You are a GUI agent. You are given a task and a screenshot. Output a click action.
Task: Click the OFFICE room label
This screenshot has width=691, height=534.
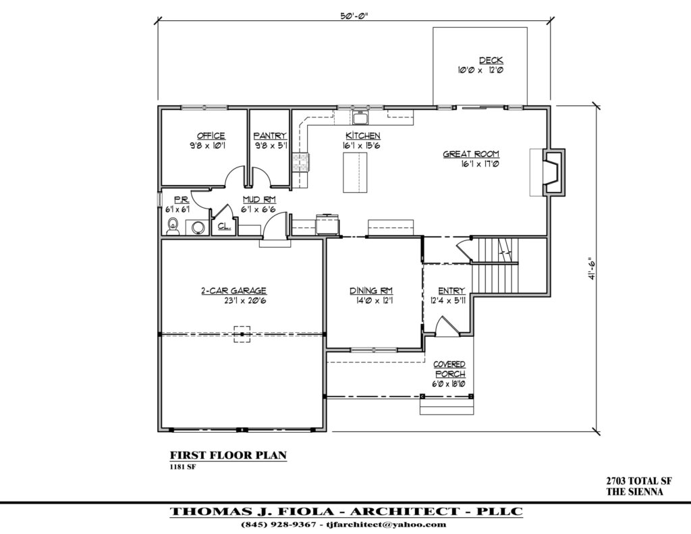(211, 136)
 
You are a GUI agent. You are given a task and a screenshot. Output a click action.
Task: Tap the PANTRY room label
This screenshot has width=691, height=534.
(270, 136)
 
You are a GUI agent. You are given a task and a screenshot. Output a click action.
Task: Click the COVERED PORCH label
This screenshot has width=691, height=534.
(449, 369)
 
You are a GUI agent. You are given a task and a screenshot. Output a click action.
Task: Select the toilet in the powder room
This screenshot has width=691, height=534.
(172, 226)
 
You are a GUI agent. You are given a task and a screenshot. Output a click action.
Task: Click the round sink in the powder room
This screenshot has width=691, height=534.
(198, 228)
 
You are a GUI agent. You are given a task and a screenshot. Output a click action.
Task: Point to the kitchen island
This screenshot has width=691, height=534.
(356, 173)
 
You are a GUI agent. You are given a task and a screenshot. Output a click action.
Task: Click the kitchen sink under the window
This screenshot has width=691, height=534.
(360, 119)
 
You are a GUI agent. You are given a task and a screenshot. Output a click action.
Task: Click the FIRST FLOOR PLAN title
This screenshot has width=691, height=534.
(227, 455)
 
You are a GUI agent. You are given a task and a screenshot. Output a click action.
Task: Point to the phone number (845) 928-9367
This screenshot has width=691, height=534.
(279, 525)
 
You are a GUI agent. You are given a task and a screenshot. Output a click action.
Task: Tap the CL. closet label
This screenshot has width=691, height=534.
(223, 228)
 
